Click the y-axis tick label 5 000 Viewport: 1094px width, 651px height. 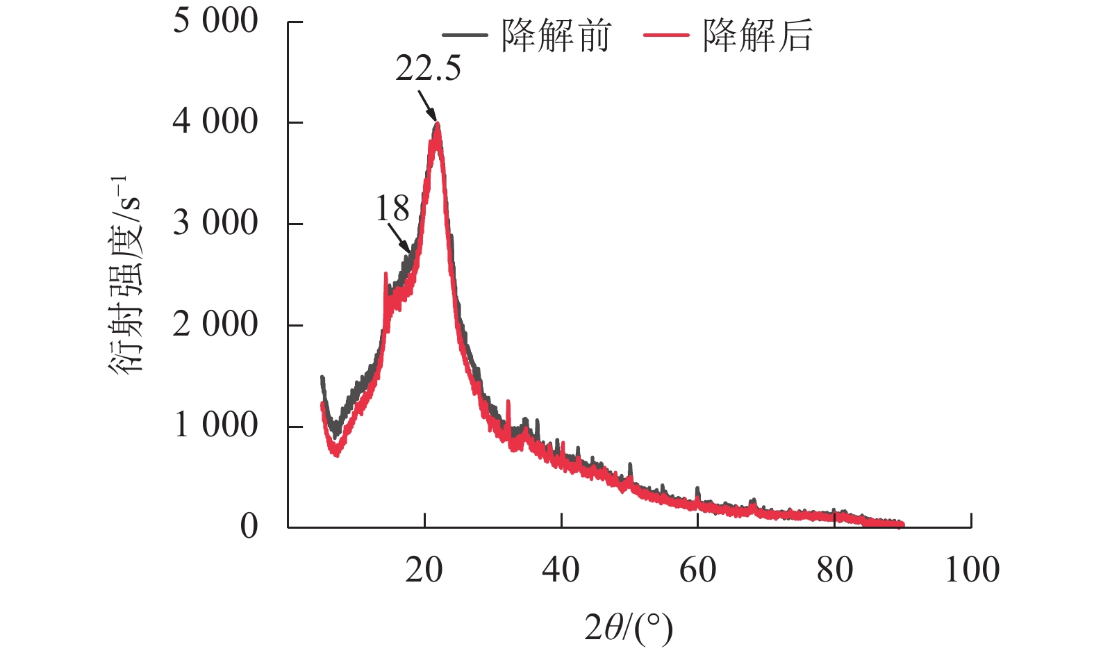[215, 21]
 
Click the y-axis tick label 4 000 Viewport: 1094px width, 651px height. [215, 122]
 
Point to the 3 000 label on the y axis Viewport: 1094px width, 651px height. [215, 223]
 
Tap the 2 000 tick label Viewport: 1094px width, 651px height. [215, 324]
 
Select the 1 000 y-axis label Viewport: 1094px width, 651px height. [215, 425]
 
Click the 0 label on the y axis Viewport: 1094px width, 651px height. [249, 527]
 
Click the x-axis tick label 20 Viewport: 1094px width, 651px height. [424, 570]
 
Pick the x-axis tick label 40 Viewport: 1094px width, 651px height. [561, 570]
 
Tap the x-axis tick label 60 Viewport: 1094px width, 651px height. [697, 570]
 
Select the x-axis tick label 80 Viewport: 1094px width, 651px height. [834, 570]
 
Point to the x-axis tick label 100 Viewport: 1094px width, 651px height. [972, 570]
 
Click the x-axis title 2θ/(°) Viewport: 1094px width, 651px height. [629, 629]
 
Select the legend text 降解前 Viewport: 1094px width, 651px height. [556, 35]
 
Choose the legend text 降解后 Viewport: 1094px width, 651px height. [757, 35]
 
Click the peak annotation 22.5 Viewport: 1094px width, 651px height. [428, 69]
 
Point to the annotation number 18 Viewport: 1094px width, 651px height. [392, 209]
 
